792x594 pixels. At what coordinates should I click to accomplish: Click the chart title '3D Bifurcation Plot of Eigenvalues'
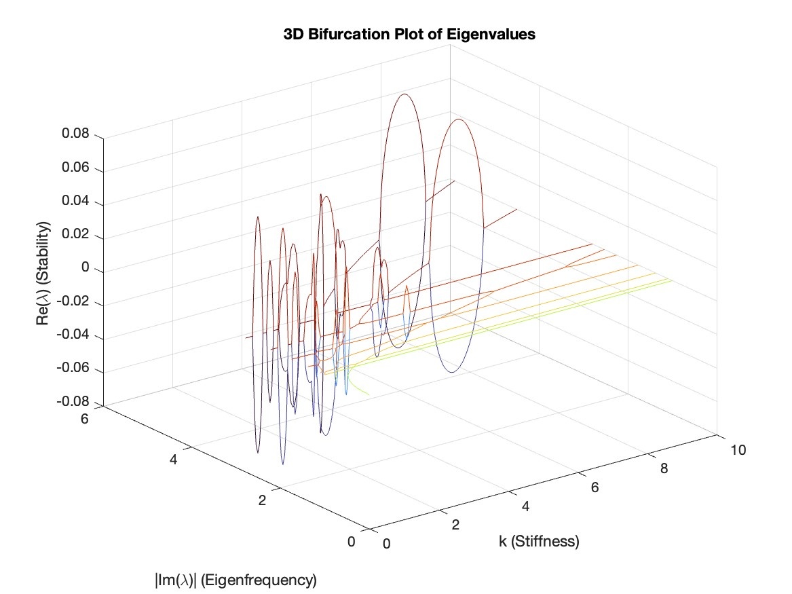(x=409, y=35)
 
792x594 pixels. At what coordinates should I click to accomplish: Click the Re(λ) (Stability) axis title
(x=45, y=273)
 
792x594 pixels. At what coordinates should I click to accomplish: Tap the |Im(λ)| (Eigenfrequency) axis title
(x=235, y=580)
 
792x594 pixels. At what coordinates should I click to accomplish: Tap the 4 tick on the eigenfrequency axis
(x=174, y=460)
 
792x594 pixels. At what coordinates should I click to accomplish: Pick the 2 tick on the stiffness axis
(x=455, y=525)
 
